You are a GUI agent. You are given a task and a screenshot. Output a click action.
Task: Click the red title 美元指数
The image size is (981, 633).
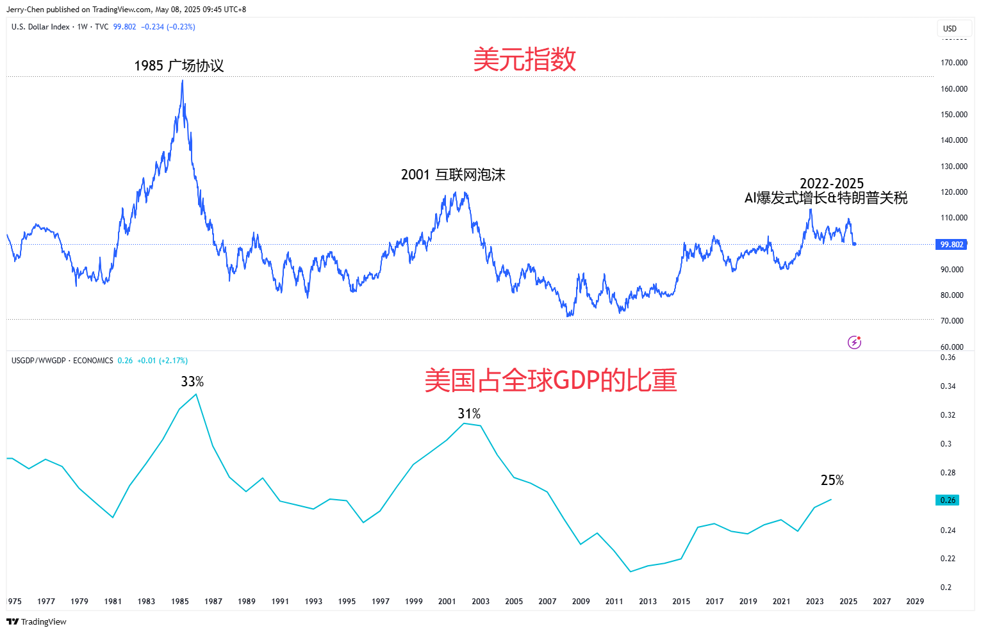(x=524, y=60)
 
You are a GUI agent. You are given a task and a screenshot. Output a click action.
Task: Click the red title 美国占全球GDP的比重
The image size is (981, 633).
(x=550, y=381)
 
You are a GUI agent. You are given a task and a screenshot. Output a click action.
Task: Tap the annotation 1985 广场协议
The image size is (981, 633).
(x=179, y=66)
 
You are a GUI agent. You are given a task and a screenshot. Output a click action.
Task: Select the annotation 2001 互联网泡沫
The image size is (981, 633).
(x=453, y=175)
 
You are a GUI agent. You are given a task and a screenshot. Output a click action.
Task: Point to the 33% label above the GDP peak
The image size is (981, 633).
(x=192, y=382)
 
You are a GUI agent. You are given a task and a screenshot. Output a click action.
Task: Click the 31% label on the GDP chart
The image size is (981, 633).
(x=469, y=414)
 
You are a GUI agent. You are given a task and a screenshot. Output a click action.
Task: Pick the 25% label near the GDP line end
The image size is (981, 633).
(x=832, y=481)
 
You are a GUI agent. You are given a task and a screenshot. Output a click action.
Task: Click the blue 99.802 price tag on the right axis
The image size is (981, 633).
(x=952, y=245)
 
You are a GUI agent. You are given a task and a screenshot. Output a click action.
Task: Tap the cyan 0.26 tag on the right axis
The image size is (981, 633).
(x=948, y=500)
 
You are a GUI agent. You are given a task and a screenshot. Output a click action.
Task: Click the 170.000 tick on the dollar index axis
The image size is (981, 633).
(x=953, y=63)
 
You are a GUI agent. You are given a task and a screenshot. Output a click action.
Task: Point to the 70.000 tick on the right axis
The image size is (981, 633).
(x=952, y=321)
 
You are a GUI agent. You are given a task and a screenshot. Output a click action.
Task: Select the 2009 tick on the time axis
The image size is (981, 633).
(x=581, y=602)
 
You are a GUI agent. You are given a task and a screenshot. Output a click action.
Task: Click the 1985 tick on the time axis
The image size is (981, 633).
(x=180, y=602)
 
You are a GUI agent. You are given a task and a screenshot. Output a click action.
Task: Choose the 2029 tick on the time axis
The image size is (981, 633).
(x=915, y=602)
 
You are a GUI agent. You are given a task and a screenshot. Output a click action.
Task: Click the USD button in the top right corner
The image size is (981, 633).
(x=950, y=29)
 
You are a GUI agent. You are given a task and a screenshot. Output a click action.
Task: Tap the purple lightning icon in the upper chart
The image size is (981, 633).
(x=854, y=342)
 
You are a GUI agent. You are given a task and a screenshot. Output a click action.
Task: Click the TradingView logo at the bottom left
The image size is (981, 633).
(x=37, y=621)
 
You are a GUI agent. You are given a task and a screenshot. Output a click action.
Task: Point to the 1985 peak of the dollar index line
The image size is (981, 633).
(x=183, y=81)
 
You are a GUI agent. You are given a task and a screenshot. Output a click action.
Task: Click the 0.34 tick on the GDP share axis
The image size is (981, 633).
(x=948, y=386)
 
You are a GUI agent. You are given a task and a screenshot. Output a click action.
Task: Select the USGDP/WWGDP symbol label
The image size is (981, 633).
(x=38, y=361)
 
